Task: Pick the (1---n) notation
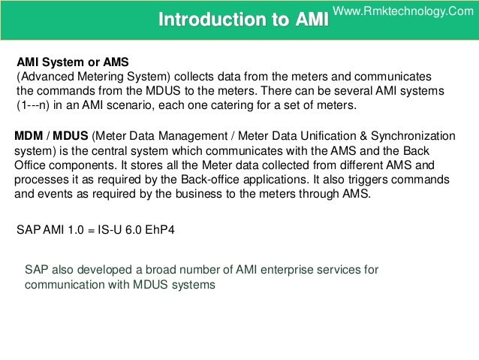coord(36,105)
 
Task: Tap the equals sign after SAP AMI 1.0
coord(90,229)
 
